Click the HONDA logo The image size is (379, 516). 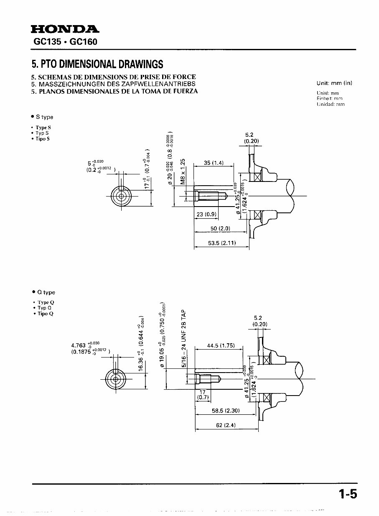65,29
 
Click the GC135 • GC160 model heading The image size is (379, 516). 65,42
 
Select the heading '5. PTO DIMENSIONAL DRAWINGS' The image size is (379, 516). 97,64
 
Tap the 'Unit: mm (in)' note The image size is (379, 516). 334,83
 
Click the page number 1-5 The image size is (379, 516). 348,495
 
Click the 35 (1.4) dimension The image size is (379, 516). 214,163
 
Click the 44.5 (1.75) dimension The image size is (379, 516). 221,346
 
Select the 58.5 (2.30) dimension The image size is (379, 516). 225,411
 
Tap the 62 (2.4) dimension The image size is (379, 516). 226,425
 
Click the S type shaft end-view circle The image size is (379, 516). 122,196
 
